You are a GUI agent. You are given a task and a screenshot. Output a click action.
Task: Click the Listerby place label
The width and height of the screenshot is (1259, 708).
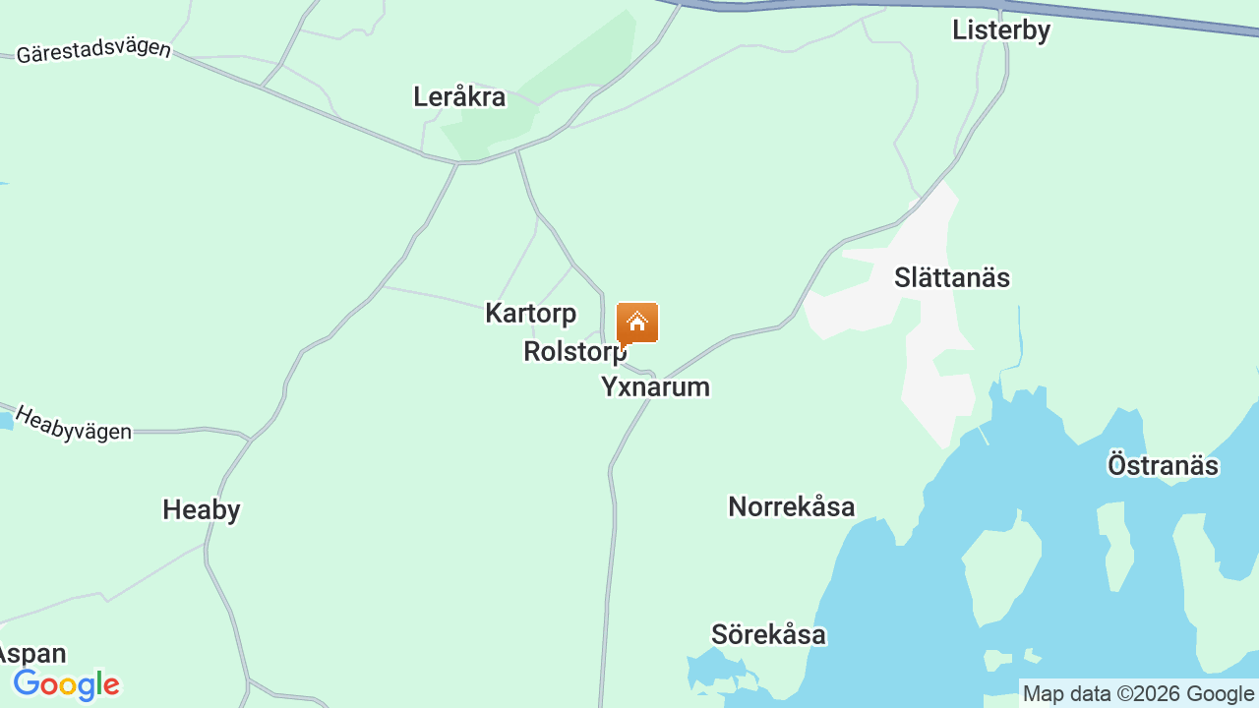point(1000,30)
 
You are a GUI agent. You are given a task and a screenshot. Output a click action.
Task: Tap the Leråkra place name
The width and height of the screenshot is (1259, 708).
point(459,97)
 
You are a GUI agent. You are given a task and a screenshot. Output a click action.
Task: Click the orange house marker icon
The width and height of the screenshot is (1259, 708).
point(637,323)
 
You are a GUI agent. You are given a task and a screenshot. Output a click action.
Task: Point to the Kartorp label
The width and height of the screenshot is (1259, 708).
point(530,314)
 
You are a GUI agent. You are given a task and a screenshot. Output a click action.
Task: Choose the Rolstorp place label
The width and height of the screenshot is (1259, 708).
point(573,351)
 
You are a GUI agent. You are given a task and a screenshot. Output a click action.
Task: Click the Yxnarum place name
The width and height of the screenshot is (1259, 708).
point(655,386)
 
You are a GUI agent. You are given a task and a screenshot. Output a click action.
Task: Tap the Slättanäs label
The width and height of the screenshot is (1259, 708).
point(951,277)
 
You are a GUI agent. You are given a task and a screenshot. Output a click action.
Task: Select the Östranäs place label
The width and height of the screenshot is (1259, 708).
point(1163,465)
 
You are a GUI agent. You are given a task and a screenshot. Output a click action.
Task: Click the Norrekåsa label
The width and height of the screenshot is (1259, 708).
point(791,506)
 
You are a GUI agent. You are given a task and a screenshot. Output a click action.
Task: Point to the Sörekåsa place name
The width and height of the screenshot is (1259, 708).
point(768,634)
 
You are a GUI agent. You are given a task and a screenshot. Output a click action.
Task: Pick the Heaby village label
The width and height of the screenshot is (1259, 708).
point(201,509)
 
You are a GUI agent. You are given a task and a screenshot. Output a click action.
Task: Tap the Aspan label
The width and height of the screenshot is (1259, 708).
point(32,654)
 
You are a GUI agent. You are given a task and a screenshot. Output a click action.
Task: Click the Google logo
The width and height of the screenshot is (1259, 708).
point(66,684)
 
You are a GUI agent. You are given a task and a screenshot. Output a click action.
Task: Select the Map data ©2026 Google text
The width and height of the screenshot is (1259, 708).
point(1138,693)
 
